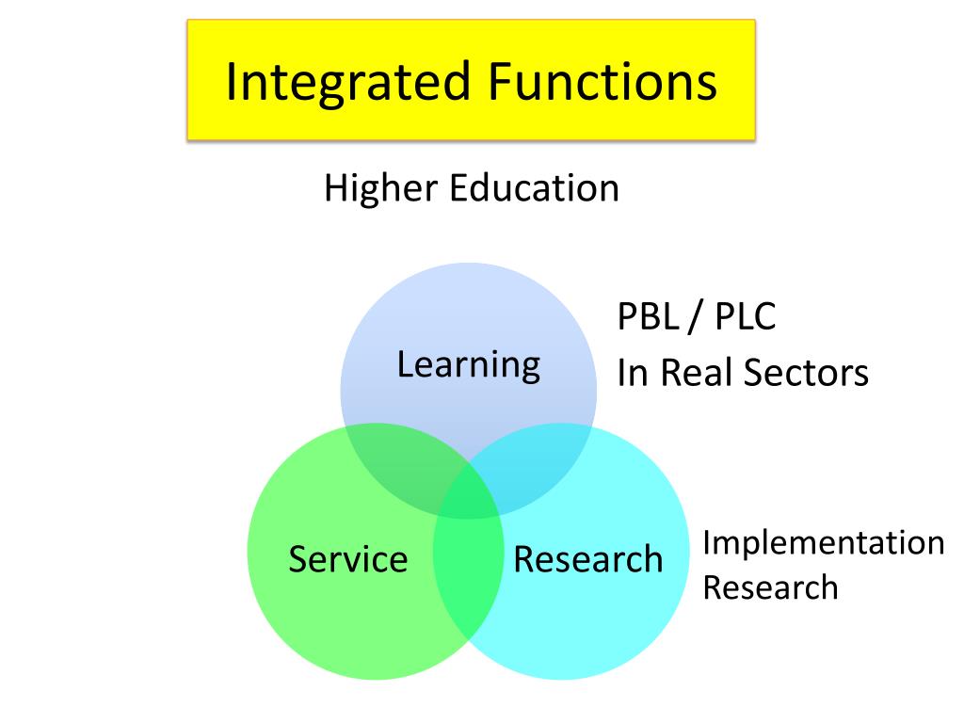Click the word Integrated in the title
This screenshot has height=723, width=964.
[x=346, y=82]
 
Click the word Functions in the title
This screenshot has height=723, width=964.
[x=602, y=82]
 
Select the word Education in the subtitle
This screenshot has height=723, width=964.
[x=534, y=188]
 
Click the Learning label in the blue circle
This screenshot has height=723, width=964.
[x=468, y=364]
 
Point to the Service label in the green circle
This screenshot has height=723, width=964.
[x=347, y=559]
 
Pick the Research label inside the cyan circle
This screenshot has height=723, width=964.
[x=587, y=559]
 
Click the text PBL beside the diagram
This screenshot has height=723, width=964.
[x=647, y=317]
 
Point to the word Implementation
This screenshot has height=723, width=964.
[x=823, y=543]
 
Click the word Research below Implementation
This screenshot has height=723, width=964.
[x=770, y=587]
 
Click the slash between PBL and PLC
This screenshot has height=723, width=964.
[x=695, y=317]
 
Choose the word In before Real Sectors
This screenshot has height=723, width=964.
[x=631, y=373]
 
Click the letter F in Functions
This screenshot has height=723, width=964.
[x=499, y=82]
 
